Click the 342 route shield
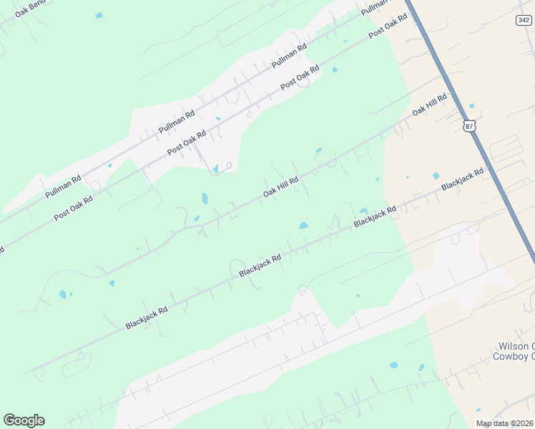point(523,20)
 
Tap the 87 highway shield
point(469,126)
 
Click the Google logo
point(24,420)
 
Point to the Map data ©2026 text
point(504,423)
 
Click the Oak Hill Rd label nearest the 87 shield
point(429,105)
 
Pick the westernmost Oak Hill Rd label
point(280,187)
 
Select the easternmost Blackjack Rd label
point(462,179)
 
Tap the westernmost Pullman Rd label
point(63,186)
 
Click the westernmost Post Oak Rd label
point(74,208)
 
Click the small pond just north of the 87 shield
point(471,106)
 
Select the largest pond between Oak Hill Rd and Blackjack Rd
point(303,226)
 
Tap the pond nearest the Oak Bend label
point(99,15)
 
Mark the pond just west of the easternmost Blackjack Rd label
point(436,175)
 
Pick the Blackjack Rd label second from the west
point(260,265)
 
